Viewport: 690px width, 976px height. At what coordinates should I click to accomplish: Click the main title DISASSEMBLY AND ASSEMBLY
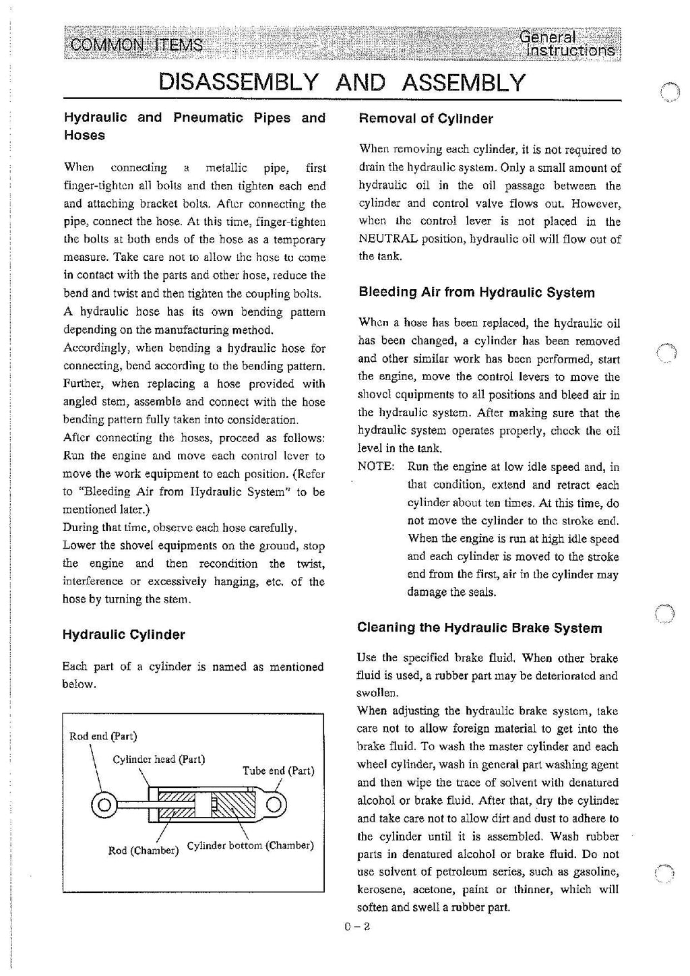point(341,82)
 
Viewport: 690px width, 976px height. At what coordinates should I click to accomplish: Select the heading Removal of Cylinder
point(425,119)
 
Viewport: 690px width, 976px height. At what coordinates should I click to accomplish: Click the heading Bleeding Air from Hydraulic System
point(476,293)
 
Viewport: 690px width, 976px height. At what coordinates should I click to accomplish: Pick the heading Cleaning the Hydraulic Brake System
point(479,628)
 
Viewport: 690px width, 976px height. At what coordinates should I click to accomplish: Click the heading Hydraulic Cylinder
point(123,635)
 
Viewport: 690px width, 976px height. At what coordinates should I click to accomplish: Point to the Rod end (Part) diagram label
point(103,736)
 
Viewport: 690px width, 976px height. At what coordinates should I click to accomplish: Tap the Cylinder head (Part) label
point(159,760)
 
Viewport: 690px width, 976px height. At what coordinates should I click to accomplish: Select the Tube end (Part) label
point(278,770)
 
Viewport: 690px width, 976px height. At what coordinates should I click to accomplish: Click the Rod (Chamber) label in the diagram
point(144,850)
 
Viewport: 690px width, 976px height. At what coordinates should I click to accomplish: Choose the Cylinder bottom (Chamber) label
point(250,845)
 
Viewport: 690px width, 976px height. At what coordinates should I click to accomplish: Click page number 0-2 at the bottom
point(357,927)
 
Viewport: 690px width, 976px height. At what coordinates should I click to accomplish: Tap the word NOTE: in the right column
point(375,467)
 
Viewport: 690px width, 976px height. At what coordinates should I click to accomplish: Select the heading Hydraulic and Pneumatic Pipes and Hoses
point(194,126)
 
